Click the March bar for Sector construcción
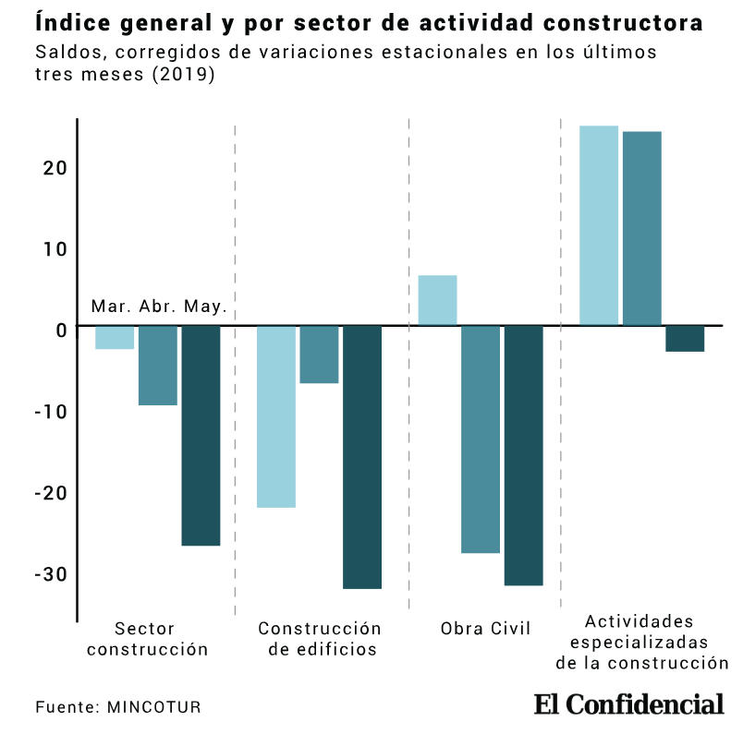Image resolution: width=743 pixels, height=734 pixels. (115, 338)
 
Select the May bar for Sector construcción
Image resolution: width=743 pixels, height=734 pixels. (201, 436)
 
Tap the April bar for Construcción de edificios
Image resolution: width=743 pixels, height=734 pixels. (319, 355)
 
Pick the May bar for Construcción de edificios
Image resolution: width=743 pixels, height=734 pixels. (361, 457)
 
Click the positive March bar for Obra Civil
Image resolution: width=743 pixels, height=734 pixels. (437, 300)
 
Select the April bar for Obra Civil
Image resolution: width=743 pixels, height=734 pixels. (481, 439)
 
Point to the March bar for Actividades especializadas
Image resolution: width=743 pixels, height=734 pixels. (598, 225)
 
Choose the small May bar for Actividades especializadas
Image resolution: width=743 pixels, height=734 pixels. (685, 339)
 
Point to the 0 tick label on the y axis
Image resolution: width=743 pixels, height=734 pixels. (60, 329)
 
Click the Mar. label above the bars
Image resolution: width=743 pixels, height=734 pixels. (111, 307)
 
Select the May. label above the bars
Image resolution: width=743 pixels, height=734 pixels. (205, 307)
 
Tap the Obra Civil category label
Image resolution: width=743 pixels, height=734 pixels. (486, 630)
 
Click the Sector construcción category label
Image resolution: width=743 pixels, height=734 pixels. (148, 639)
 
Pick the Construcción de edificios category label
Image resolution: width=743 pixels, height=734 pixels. (320, 639)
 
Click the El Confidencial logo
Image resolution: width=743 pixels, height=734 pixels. (628, 704)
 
